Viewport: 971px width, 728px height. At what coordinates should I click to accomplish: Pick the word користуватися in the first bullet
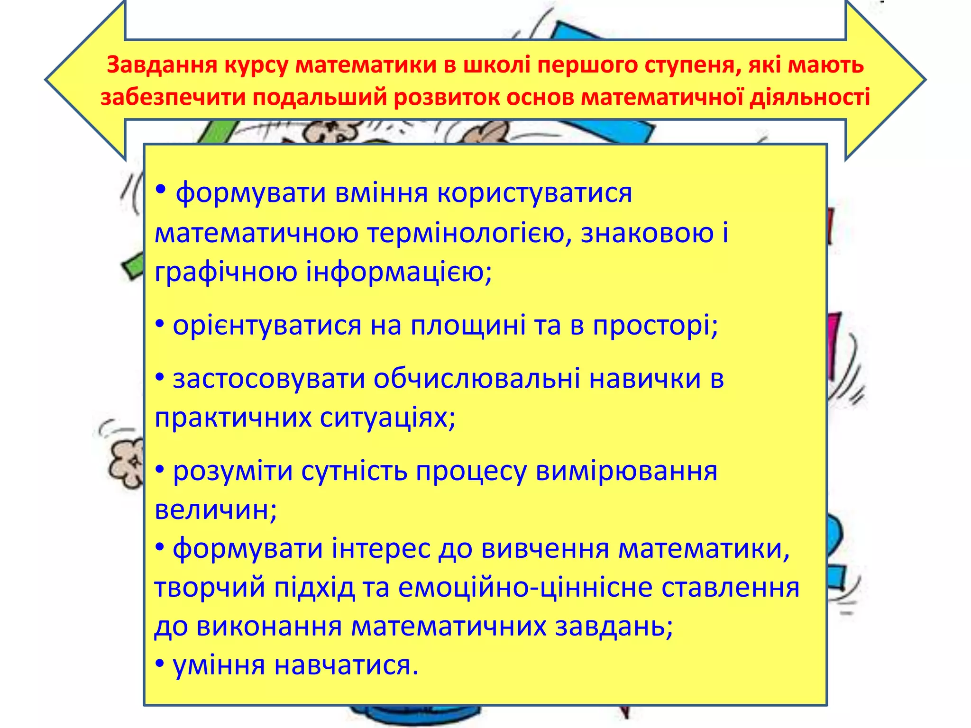pos(534,193)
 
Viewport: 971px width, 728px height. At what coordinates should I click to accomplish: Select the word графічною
pos(226,272)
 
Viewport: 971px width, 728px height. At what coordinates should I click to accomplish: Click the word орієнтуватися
pos(267,326)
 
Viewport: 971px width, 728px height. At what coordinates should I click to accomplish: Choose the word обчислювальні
pos(476,379)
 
